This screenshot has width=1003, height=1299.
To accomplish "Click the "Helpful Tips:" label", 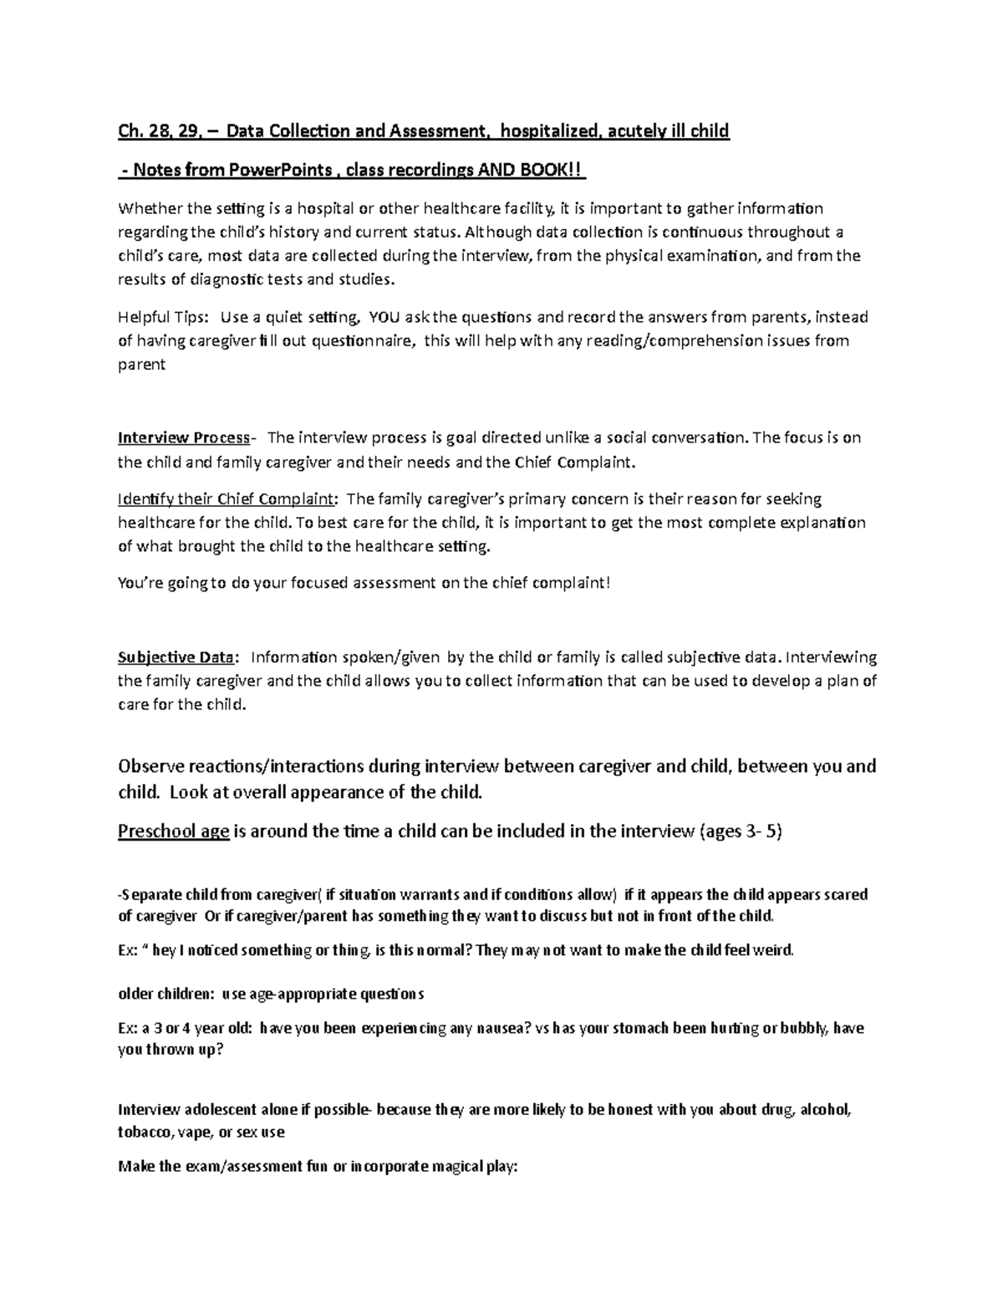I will [x=164, y=317].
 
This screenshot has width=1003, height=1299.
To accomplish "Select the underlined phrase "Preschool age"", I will [x=173, y=832].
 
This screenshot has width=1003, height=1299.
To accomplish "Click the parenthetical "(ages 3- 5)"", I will [x=739, y=832].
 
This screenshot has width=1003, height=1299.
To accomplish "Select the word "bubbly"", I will [x=802, y=1028].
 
